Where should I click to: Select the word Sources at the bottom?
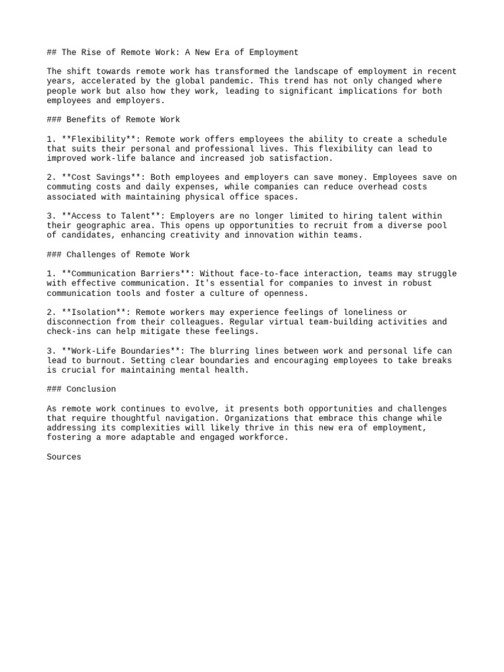[64, 457]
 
